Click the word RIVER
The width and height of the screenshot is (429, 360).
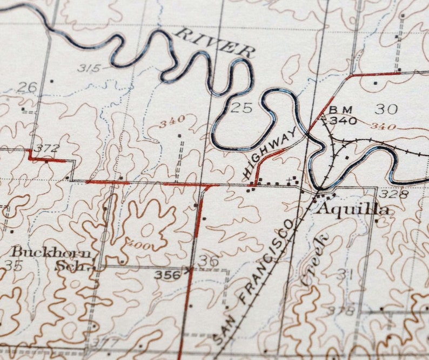(215, 43)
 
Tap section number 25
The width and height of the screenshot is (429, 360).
(241, 107)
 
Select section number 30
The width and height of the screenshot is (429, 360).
(386, 109)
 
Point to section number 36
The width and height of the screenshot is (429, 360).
(209, 261)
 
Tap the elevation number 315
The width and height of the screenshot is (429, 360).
(89, 68)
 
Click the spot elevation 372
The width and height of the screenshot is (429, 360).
(46, 148)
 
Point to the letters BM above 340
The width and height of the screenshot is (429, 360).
(340, 110)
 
